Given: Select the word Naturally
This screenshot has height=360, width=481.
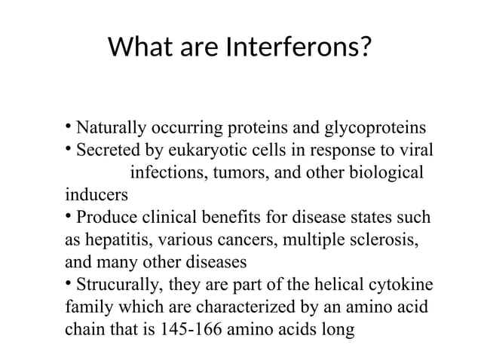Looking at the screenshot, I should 113,126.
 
